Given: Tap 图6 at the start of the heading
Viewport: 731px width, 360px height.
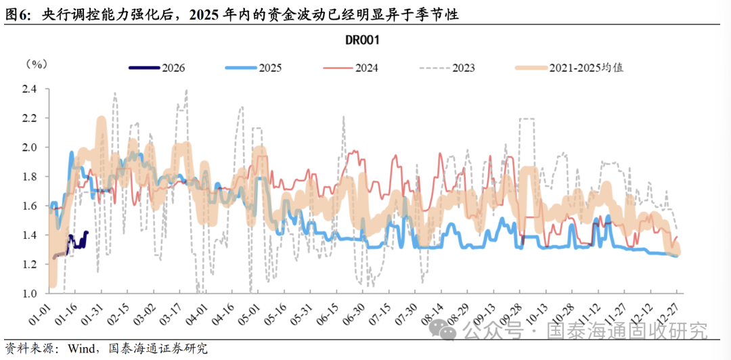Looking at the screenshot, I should (x=16, y=14).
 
